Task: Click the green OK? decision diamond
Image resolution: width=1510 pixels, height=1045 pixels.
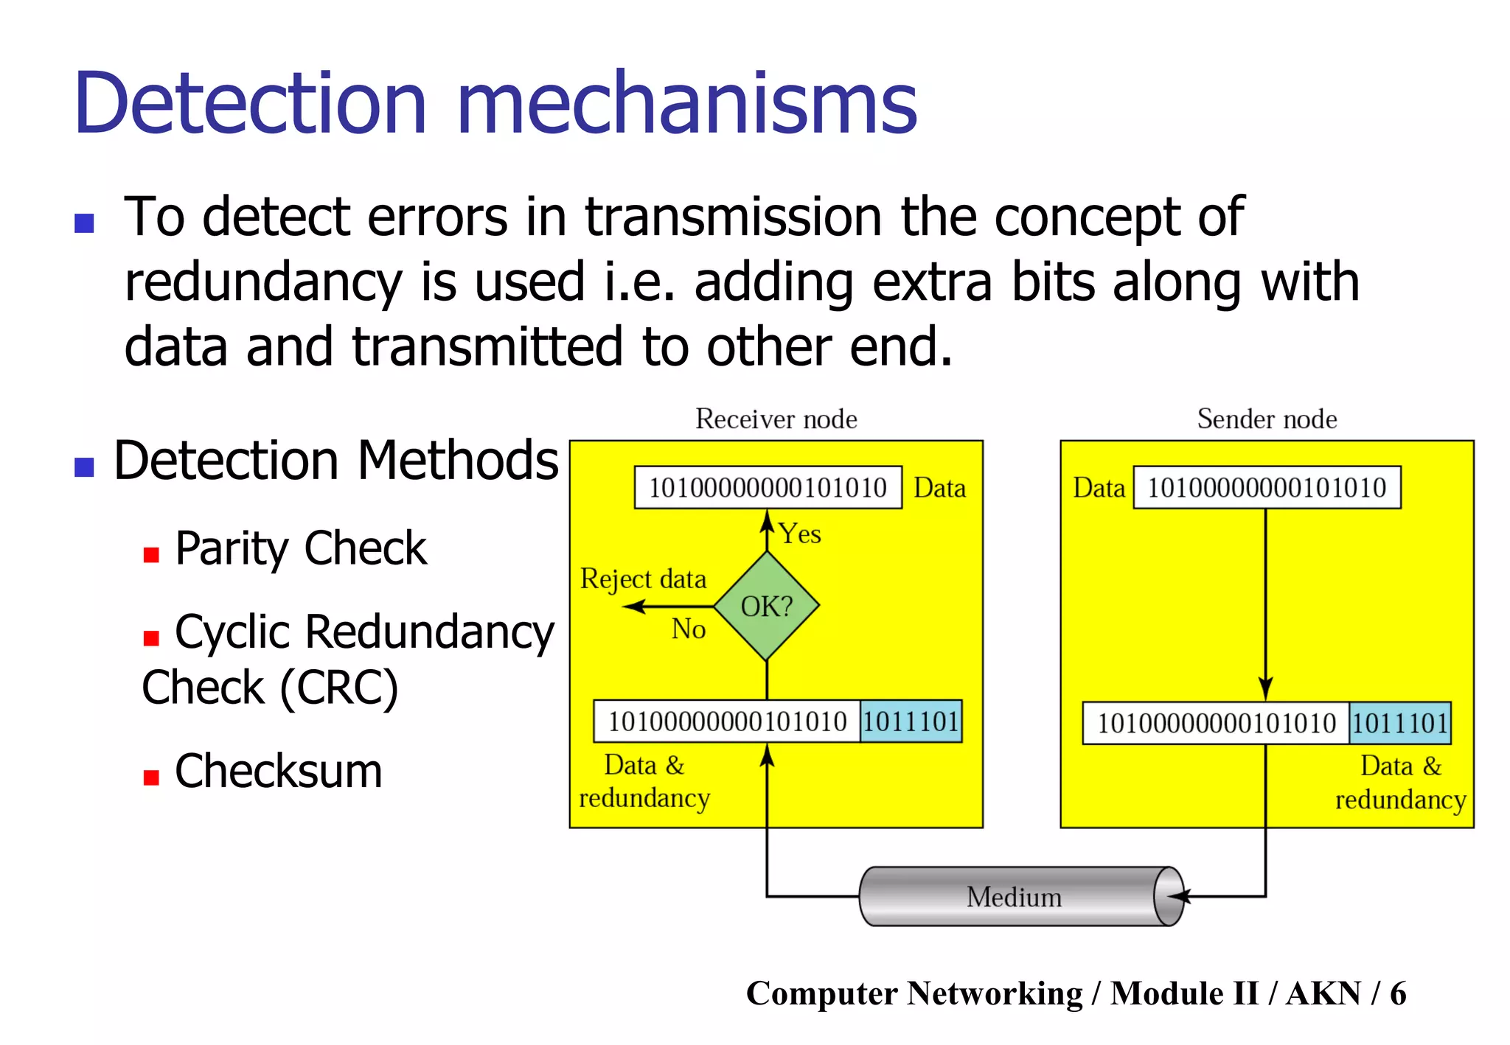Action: pos(767,606)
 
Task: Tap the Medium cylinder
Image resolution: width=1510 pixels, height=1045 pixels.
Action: pos(1021,896)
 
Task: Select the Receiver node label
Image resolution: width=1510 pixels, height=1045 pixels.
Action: pos(776,419)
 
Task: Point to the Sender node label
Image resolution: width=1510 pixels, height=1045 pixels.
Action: pos(1267,419)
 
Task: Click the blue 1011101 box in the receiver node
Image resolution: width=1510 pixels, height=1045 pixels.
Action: pos(911,721)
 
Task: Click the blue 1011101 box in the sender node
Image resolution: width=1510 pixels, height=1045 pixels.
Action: pos(1400,723)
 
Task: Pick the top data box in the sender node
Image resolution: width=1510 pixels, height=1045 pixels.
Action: pos(1267,487)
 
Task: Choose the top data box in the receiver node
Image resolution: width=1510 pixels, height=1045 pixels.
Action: pos(768,487)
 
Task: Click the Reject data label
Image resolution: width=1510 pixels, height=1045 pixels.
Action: pos(643,579)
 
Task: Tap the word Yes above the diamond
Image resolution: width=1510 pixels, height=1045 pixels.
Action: pos(800,534)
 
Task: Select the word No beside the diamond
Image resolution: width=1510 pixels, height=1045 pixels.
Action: pos(689,629)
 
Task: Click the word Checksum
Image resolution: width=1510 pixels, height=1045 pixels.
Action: pos(279,772)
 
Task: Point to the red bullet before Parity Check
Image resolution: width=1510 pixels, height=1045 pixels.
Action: pos(151,555)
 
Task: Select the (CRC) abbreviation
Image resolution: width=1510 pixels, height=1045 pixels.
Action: pos(339,688)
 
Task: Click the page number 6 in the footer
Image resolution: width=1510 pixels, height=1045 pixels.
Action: pos(1398,993)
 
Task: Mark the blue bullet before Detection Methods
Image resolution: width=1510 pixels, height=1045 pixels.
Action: pos(84,466)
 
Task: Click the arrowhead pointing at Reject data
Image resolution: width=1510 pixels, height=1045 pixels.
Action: pos(630,607)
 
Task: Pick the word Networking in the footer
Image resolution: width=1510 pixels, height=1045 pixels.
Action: pos(995,993)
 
